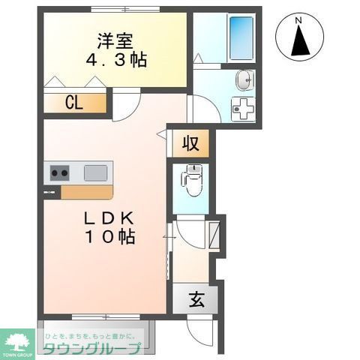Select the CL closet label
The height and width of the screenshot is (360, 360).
[x=73, y=103]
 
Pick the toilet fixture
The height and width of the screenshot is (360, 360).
[x=190, y=180]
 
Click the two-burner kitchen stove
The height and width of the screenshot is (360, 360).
[x=60, y=174]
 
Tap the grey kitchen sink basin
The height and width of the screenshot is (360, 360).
[x=96, y=173]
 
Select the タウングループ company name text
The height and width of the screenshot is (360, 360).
[x=91, y=348]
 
